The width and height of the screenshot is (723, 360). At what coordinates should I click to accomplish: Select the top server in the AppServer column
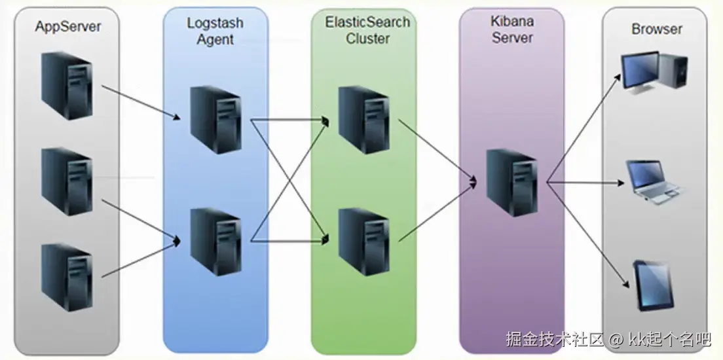pyautogui.click(x=66, y=85)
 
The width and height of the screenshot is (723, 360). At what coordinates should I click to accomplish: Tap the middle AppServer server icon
pyautogui.click(x=66, y=181)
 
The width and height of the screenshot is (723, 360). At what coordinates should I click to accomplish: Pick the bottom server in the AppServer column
pyautogui.click(x=66, y=276)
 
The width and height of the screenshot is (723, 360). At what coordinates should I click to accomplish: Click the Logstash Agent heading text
pyautogui.click(x=215, y=31)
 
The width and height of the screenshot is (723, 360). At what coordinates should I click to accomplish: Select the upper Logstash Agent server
pyautogui.click(x=215, y=120)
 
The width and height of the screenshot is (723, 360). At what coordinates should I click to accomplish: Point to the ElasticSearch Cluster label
pyautogui.click(x=367, y=30)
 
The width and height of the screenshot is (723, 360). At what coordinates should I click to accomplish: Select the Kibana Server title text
pyautogui.click(x=512, y=29)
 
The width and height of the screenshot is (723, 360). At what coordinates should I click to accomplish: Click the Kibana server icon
pyautogui.click(x=511, y=182)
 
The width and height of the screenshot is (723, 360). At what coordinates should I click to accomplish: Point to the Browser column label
pyautogui.click(x=656, y=29)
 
